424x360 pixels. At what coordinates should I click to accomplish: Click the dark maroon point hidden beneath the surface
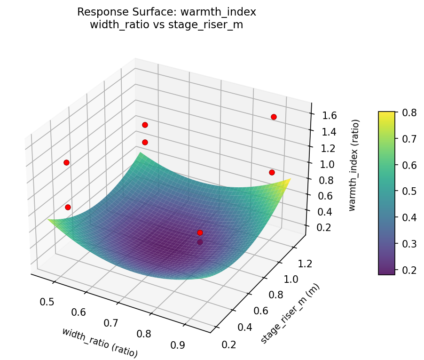[x=200, y=242]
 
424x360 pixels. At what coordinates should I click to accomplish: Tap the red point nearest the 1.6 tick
[x=274, y=117]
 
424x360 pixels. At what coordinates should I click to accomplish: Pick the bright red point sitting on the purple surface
[x=200, y=232]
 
